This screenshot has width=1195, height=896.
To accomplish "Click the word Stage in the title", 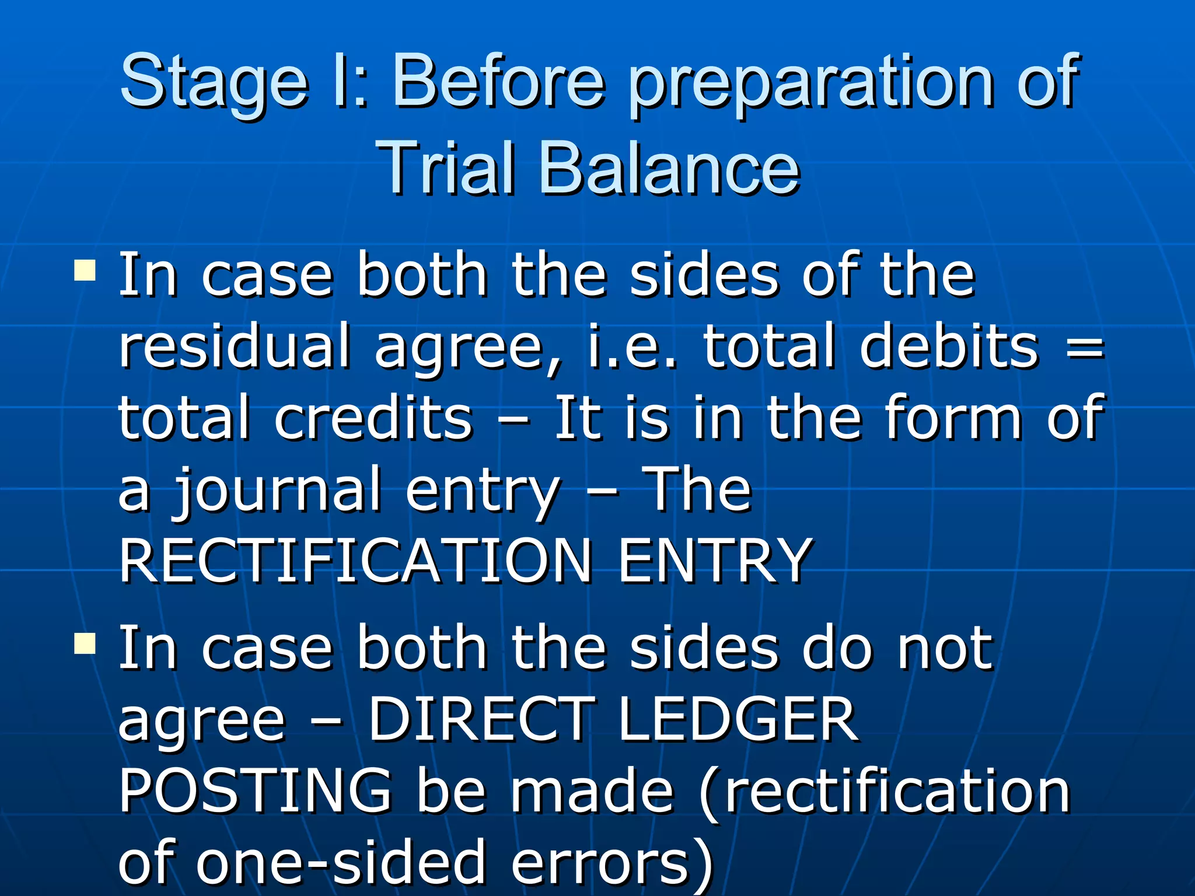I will [x=214, y=82].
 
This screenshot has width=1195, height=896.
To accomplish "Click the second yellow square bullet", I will [x=85, y=645].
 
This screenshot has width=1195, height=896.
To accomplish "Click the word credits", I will [x=373, y=418].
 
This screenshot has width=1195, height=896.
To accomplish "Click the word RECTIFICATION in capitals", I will [x=356, y=561].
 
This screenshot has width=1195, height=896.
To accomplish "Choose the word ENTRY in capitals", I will [x=715, y=561].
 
